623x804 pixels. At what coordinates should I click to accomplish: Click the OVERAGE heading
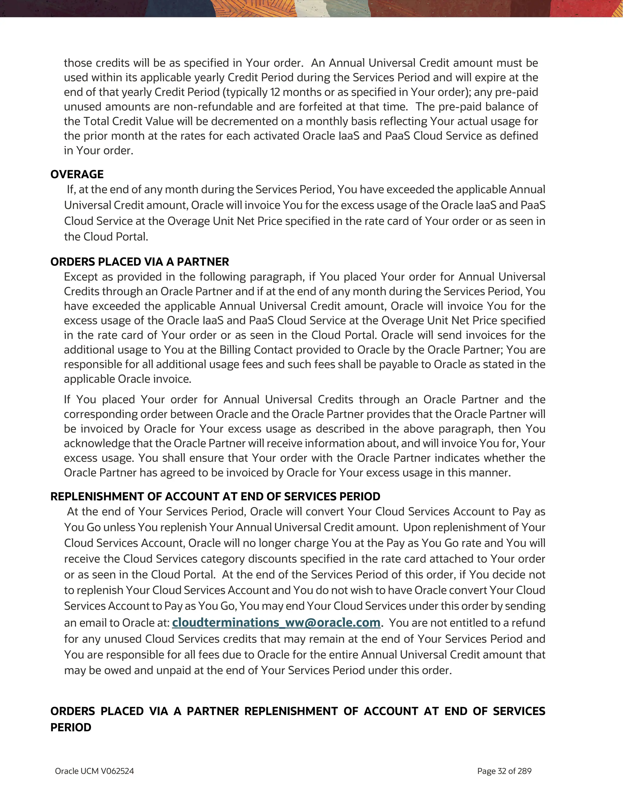point(77,174)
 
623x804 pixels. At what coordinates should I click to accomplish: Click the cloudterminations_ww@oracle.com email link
point(276,622)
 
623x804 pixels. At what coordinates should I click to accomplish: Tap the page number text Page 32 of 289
point(504,771)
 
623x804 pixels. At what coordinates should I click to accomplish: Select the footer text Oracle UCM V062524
point(94,771)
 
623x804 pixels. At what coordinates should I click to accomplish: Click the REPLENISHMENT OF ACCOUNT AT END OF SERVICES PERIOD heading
point(215,496)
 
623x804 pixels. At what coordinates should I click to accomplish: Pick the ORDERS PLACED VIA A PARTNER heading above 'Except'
point(140,262)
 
